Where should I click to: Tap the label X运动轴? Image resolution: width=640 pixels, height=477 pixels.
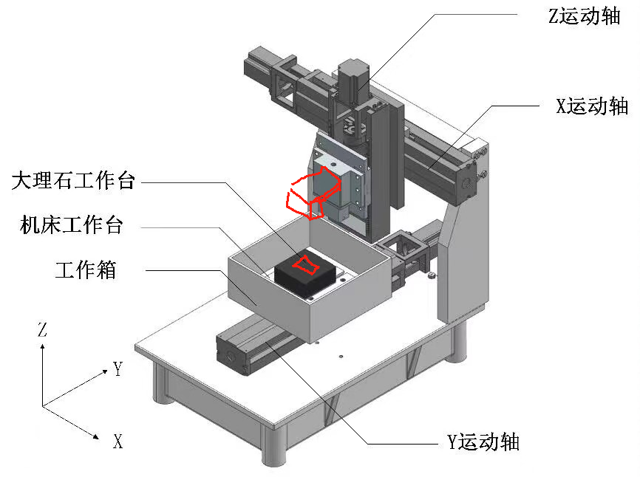pyautogui.click(x=592, y=106)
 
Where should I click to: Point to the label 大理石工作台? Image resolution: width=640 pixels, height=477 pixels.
pyautogui.click(x=73, y=180)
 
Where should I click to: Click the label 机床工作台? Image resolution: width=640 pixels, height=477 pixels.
pyautogui.click(x=71, y=225)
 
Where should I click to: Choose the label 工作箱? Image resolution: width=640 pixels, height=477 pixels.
pyautogui.click(x=86, y=270)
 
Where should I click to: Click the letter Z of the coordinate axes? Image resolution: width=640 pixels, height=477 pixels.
pyautogui.click(x=42, y=330)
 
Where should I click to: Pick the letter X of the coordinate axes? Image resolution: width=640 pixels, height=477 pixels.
pyautogui.click(x=118, y=442)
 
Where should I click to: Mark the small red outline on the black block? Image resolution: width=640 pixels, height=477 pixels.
pyautogui.click(x=304, y=263)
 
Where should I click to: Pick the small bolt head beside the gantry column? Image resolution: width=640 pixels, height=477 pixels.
pyautogui.click(x=429, y=277)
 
